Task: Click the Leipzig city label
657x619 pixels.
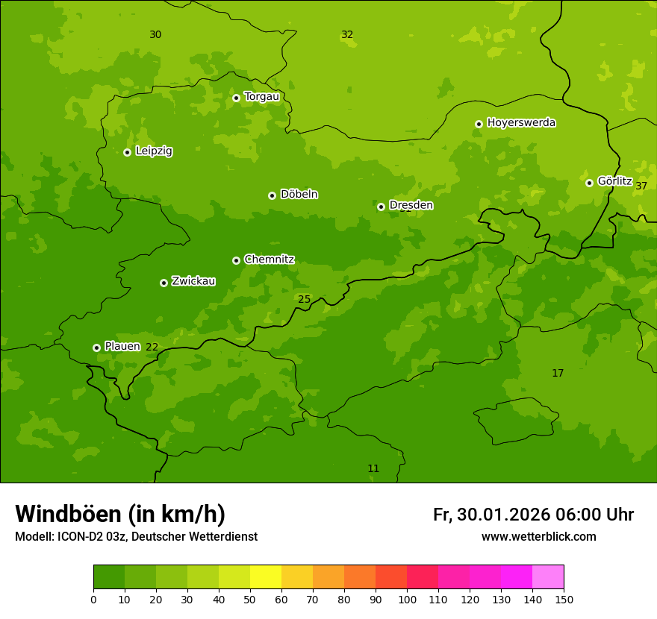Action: [154, 151]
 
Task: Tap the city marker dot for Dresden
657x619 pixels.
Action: [381, 207]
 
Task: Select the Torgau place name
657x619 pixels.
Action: [261, 97]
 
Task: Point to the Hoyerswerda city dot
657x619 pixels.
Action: [479, 124]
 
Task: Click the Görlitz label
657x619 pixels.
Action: [614, 181]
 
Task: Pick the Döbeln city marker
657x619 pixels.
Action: [272, 195]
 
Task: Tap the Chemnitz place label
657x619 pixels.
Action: [269, 260]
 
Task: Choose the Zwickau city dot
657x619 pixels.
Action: [164, 283]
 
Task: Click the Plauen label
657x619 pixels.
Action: [122, 346]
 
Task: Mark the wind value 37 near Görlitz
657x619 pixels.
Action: [641, 186]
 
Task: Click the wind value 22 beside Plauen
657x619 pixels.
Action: [152, 348]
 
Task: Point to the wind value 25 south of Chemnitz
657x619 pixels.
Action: [304, 300]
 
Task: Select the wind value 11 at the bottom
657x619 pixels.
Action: [373, 469]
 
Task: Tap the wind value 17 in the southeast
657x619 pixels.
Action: [558, 374]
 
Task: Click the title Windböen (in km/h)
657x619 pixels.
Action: [120, 514]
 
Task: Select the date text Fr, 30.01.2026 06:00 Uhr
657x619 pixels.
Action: [533, 515]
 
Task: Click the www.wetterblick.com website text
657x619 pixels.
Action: [538, 537]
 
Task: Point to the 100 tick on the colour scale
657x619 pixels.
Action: [407, 599]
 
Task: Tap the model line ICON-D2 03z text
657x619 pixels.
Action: [136, 537]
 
